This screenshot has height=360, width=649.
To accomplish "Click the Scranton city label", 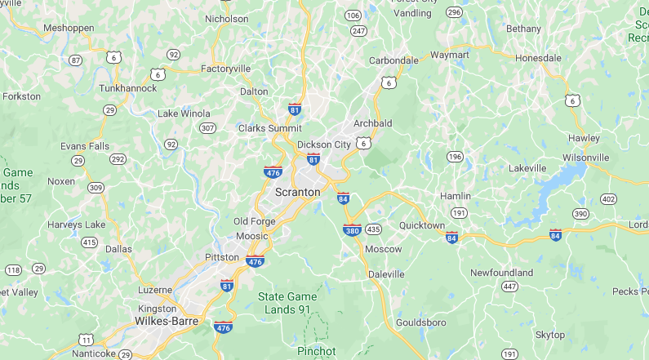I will (x=297, y=192).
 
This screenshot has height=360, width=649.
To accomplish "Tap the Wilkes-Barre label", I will (x=169, y=321).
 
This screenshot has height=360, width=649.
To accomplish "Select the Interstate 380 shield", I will (x=353, y=230).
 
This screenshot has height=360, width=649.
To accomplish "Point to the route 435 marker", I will (x=374, y=229).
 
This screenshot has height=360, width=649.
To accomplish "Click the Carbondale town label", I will (x=393, y=60).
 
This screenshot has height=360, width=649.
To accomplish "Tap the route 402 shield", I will (x=607, y=198).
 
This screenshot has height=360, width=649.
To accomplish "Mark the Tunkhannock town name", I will (x=127, y=87).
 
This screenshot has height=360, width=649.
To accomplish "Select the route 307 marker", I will (x=208, y=128).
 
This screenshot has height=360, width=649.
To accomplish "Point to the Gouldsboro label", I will (x=420, y=322).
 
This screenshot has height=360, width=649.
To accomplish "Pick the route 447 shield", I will (x=510, y=286).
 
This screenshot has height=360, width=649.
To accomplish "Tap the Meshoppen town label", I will (x=69, y=28).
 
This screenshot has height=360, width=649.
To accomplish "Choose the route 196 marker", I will (x=455, y=156).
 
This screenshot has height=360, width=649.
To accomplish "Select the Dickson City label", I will (x=324, y=144).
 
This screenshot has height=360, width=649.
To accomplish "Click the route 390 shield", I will (x=580, y=213).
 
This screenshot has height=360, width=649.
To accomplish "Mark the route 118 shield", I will (x=14, y=269).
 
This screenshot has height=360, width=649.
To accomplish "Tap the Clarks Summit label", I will (x=269, y=128).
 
